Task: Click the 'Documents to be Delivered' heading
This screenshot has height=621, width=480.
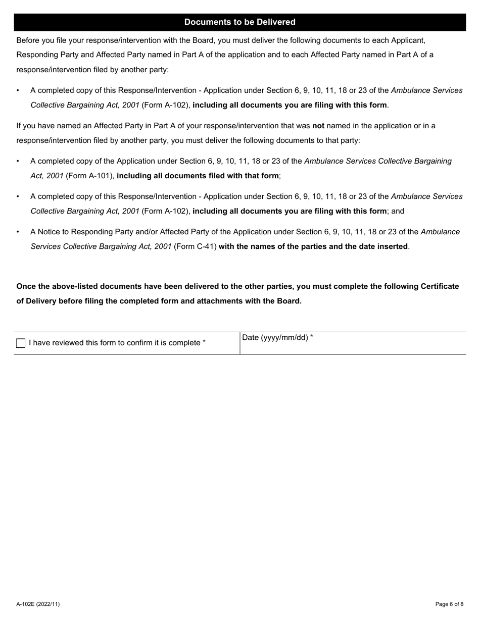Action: point(239,22)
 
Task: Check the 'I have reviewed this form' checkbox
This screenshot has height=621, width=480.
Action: point(21,343)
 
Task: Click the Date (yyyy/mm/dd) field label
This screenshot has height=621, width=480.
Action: point(277,338)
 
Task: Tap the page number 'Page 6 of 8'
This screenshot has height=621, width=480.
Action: point(449,604)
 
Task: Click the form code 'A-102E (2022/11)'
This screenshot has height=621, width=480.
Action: point(38,604)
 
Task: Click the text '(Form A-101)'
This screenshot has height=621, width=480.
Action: point(90,176)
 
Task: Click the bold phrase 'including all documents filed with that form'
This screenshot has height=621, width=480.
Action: point(198,176)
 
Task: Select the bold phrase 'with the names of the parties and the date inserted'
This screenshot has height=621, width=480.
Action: point(313,246)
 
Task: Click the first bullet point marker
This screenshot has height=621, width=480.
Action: point(18,91)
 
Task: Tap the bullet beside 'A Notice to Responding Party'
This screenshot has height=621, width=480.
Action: point(18,232)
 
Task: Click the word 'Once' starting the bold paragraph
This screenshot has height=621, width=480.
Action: point(26,286)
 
